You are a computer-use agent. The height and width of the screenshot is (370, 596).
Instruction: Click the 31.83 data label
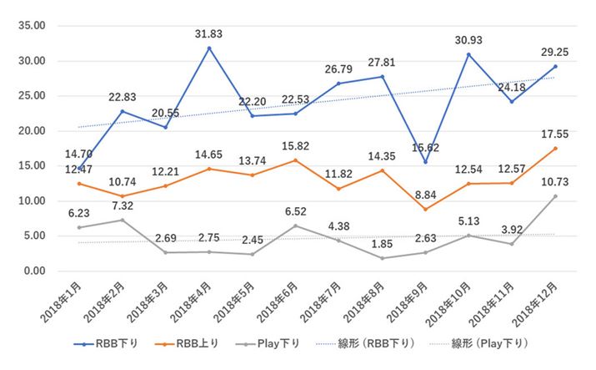[x=208, y=34]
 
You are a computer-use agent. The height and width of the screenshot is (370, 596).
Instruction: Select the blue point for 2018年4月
[x=208, y=48]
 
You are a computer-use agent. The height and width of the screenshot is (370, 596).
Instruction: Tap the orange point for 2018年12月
[x=555, y=148]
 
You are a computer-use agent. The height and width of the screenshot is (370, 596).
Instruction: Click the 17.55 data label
[x=555, y=132]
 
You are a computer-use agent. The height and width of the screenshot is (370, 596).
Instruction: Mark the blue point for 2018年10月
[x=469, y=54]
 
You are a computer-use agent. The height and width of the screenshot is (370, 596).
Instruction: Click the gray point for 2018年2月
[x=123, y=220]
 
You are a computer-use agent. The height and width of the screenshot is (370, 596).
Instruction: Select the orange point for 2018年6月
[x=296, y=160]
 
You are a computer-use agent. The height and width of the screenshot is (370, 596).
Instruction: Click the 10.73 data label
[x=555, y=181]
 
